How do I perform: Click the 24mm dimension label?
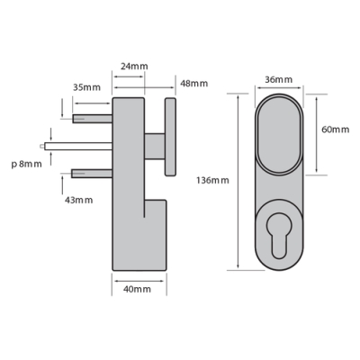click(134, 67)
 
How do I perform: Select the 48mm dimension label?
click(194, 84)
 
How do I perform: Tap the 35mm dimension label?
click(87, 87)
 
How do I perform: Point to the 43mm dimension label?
click(79, 200)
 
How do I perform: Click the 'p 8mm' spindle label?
click(27, 165)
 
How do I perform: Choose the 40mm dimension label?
click(137, 290)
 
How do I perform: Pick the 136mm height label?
click(212, 180)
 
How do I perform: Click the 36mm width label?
click(279, 80)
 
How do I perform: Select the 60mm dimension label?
click(336, 130)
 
